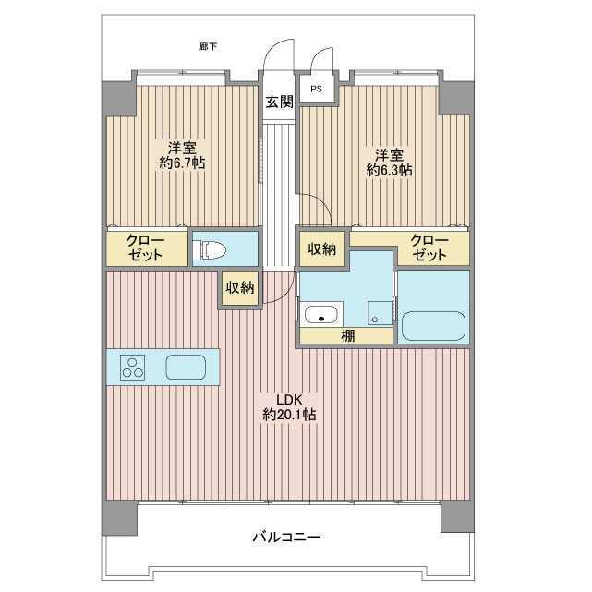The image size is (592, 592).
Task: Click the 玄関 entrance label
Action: [x=279, y=102]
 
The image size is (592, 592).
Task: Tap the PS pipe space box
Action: [x=317, y=89]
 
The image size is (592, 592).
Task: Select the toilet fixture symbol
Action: [x=209, y=250]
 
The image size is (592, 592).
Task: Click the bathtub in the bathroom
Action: [x=433, y=325]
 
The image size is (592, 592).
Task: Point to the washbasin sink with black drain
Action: [x=320, y=315]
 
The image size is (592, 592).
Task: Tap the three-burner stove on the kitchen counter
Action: [x=133, y=368]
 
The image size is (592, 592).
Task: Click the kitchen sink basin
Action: [x=186, y=367]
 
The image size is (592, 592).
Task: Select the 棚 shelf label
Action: [x=348, y=335]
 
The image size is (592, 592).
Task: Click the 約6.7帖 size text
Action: [x=182, y=163]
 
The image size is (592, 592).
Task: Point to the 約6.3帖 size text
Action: [x=389, y=170]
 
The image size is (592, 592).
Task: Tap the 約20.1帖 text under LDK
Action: [x=289, y=415]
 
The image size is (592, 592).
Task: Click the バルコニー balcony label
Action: [x=286, y=537]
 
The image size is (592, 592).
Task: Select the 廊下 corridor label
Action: [x=209, y=47]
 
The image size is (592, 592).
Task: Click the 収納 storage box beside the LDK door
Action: [x=240, y=288]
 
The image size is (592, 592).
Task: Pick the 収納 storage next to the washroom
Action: [x=321, y=248]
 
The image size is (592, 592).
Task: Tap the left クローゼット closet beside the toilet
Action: [x=147, y=248]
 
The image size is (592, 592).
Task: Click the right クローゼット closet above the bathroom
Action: [x=429, y=248]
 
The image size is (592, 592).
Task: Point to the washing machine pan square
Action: [x=381, y=312]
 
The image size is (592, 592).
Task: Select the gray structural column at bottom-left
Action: [x=119, y=517]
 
